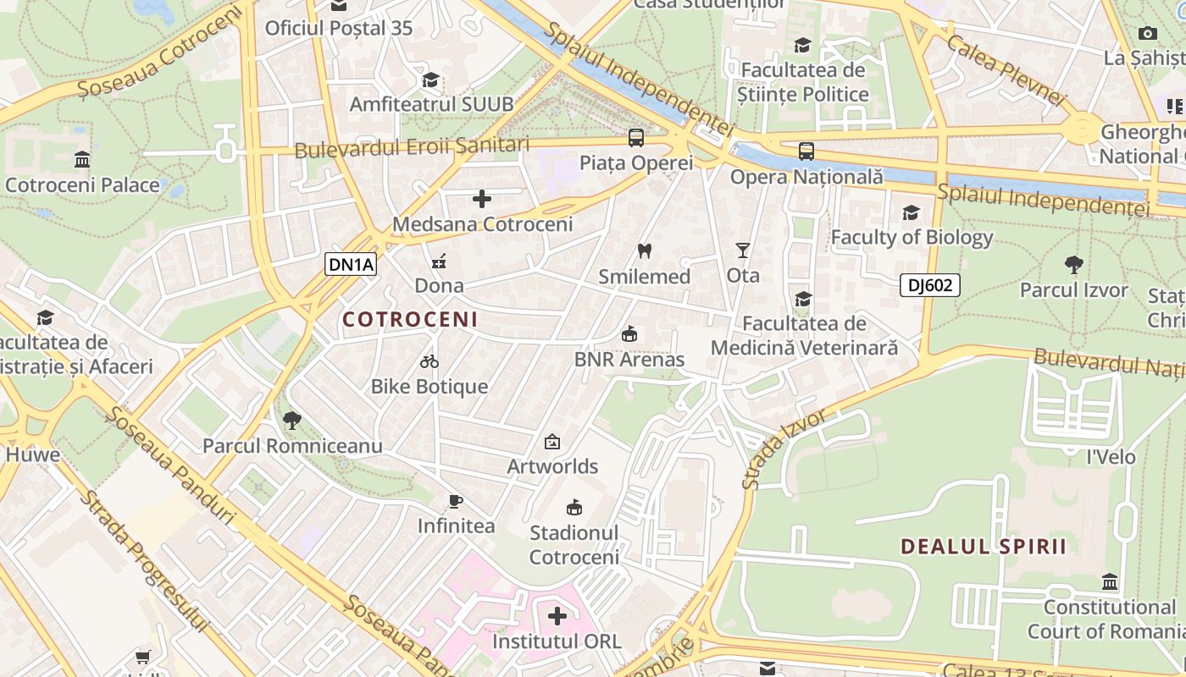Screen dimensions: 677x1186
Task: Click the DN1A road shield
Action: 351,264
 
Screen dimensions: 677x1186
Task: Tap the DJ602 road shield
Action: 929,285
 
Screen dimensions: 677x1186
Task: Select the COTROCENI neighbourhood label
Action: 410,320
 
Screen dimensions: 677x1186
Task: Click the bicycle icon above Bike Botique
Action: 430,361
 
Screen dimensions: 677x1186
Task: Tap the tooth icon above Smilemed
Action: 644,251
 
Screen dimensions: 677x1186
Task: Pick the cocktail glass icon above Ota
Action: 743,250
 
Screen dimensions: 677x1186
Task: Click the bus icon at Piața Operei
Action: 635,137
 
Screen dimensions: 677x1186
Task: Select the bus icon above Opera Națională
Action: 806,151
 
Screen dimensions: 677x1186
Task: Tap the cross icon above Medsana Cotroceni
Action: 482,199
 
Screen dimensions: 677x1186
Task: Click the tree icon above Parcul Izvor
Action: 1074,265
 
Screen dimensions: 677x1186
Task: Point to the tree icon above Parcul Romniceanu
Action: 292,421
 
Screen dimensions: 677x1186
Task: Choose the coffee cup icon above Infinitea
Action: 456,501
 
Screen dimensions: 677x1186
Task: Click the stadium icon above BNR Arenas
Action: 629,334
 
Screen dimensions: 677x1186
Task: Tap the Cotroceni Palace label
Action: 82,184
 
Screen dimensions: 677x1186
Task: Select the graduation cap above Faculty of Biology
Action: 912,212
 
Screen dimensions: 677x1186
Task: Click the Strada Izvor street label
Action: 784,450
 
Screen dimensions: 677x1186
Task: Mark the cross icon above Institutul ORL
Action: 557,616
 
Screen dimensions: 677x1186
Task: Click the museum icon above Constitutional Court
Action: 1110,582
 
